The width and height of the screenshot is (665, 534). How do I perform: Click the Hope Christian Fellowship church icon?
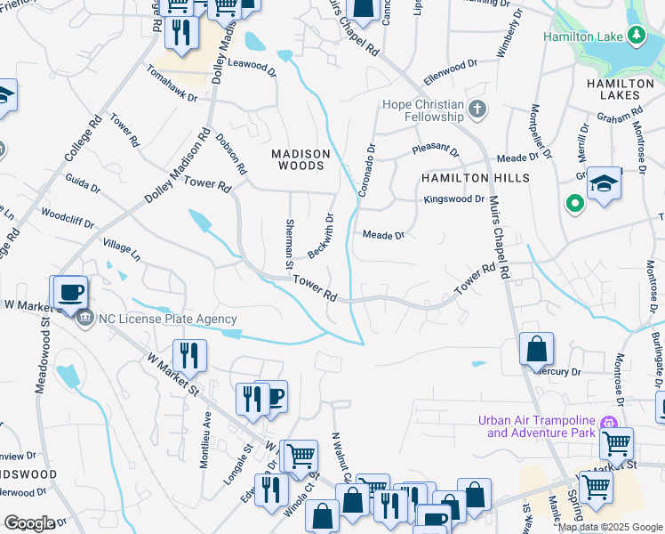click(477, 109)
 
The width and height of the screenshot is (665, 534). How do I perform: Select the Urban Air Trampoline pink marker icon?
click(609, 422)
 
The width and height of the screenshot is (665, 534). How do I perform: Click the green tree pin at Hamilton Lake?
click(636, 35)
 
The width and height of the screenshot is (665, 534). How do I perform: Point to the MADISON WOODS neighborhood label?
click(300, 160)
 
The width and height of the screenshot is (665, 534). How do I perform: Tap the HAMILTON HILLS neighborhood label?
click(475, 178)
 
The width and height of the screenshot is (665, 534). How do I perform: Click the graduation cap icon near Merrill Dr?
click(605, 182)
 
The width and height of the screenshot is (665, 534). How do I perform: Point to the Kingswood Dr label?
click(453, 199)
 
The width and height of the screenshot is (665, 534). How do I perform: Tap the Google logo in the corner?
click(28, 522)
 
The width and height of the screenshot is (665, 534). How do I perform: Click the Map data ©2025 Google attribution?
click(610, 527)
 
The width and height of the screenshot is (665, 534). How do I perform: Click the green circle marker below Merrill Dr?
click(575, 205)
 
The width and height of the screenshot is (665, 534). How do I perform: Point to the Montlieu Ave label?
click(207, 428)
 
